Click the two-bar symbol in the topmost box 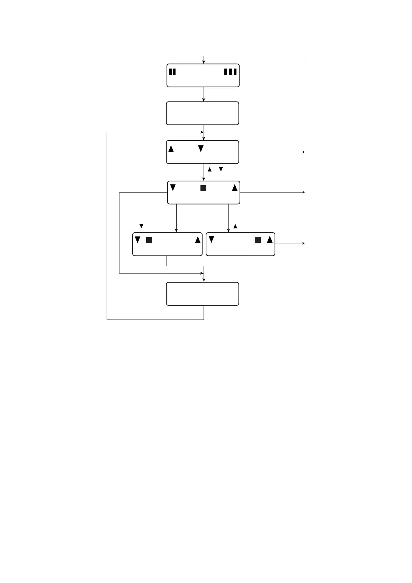coord(172,72)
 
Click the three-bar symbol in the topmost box coord(230,72)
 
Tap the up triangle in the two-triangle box coord(171,149)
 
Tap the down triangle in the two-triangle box coord(201,149)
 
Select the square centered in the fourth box coord(204,188)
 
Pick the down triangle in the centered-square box coord(173,188)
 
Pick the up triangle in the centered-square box coord(235,188)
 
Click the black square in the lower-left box coord(149,240)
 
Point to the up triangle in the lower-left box coord(198,240)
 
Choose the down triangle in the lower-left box coord(137,240)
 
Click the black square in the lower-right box coord(258,240)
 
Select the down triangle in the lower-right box coord(211,239)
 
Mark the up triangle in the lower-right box coord(270,239)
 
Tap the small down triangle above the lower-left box coord(141,226)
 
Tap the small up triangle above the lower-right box coord(235,226)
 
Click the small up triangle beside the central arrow coord(209,170)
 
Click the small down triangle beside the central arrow coord(221,169)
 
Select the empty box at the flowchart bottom coord(203,294)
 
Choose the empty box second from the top coord(203,113)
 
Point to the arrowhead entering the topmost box coord(204,62)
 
